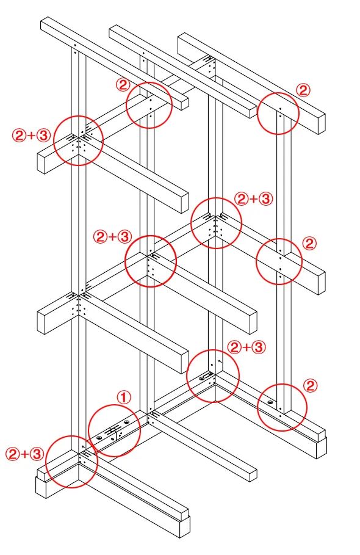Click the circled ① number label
pos(124,397)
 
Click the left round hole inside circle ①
pos(98,438)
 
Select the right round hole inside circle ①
pos(126,423)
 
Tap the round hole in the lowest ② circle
pos(270,402)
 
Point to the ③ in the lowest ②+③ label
pos(37,454)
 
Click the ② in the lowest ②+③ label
pos(12,454)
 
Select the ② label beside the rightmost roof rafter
pos(303,90)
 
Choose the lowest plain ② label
pos(311,385)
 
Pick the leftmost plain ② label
pos(123,85)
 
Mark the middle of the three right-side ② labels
pos(309,244)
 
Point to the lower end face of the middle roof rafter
pos(253,111)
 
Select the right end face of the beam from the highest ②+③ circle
pos(184,203)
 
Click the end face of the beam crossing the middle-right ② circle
pos(322,283)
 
